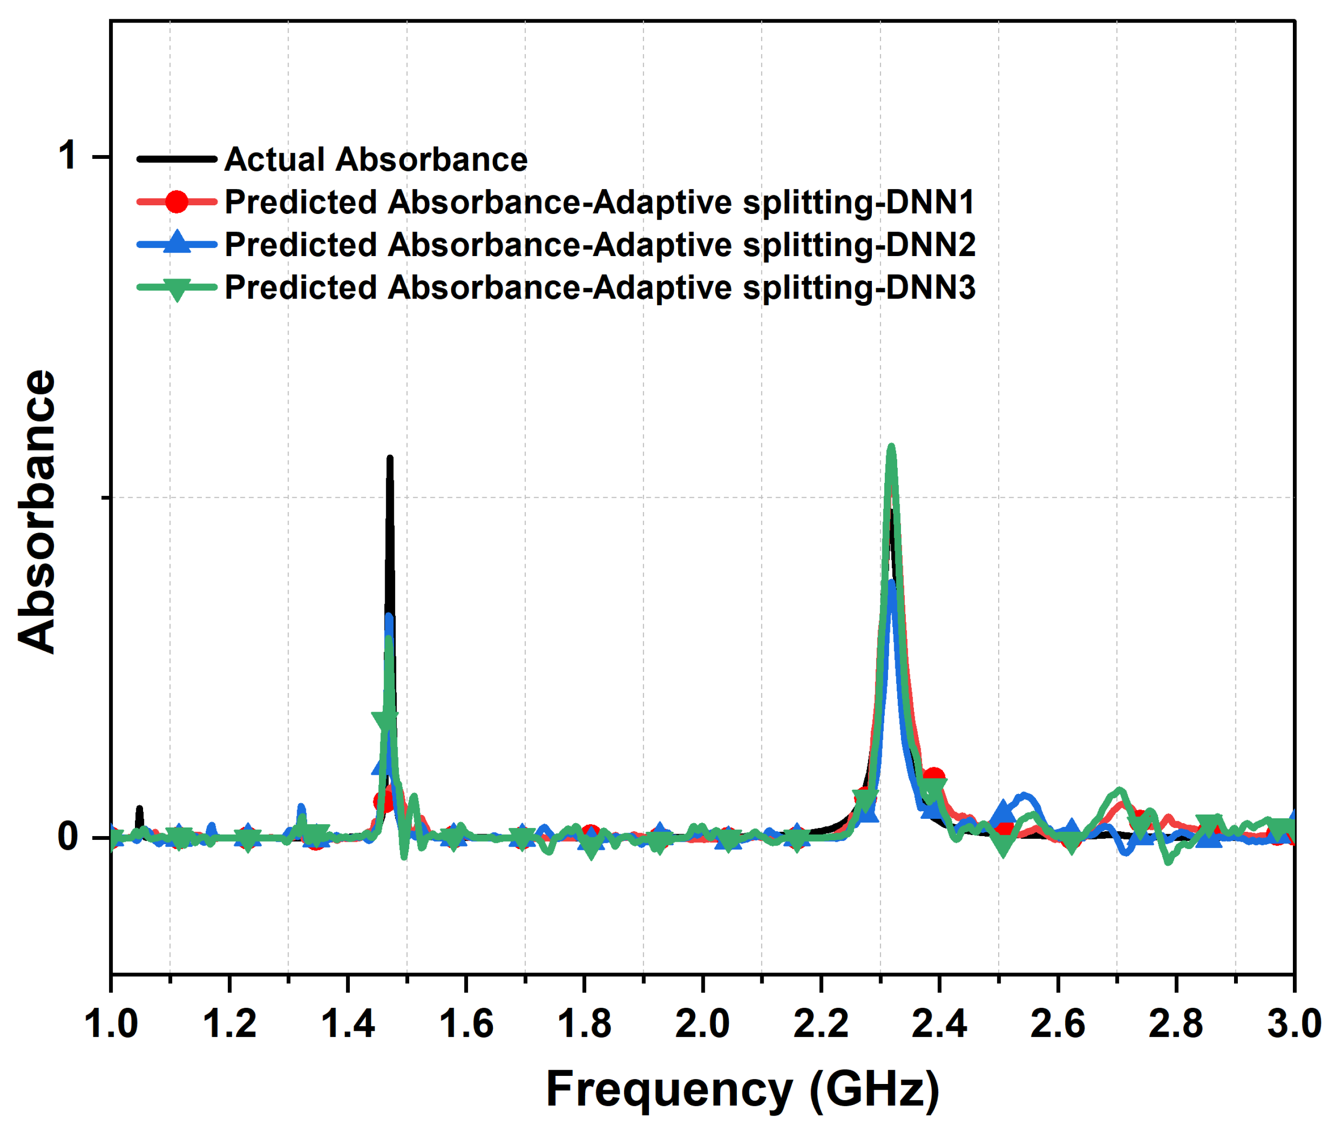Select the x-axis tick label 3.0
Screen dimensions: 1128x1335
tap(1293, 1024)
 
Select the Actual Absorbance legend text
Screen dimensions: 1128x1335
tap(376, 159)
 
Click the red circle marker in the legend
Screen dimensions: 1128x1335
tap(177, 201)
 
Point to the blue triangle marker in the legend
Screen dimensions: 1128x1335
tap(177, 244)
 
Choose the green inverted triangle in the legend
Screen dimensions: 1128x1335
tap(177, 289)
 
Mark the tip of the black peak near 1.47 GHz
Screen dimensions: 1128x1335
tap(389, 458)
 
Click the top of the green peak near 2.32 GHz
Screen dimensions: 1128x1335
tap(890, 447)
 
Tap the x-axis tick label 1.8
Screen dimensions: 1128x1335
tap(584, 1024)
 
